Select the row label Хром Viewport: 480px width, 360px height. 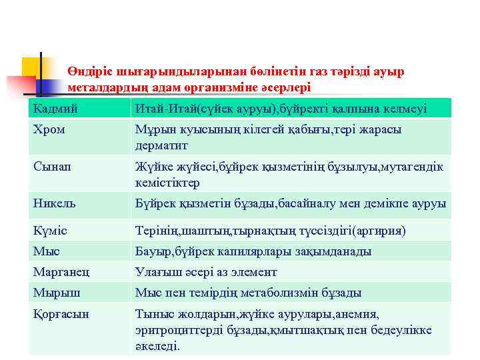point(49,130)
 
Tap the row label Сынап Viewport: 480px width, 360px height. point(51,167)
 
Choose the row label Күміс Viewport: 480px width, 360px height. point(51,231)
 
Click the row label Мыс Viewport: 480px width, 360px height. point(47,251)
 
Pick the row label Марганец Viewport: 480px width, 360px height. point(61,272)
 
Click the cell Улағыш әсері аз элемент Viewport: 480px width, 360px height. point(206,272)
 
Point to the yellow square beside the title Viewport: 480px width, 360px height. point(31,67)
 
